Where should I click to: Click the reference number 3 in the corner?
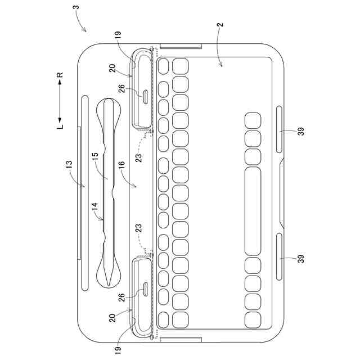pos(76,8)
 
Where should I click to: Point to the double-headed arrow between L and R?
pos(60,100)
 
